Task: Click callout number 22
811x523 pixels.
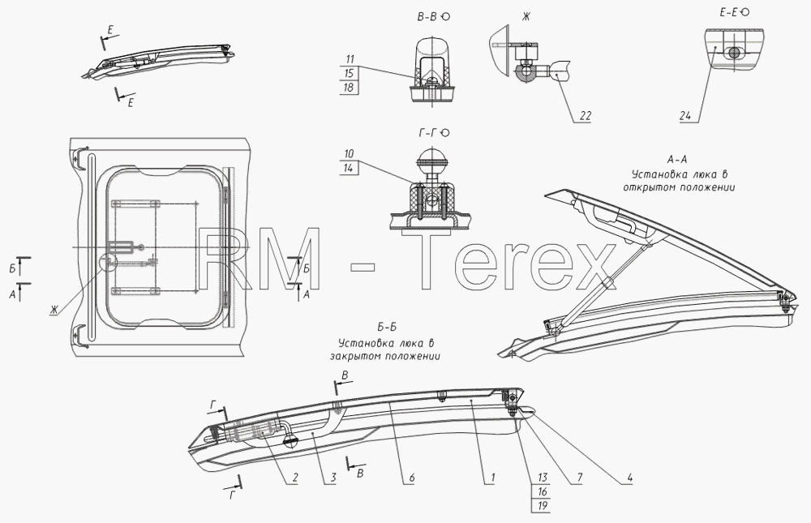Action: [x=585, y=116]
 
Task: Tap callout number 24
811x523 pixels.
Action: [x=684, y=116]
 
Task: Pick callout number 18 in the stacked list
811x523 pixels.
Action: [x=349, y=88]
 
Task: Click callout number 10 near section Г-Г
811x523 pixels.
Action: [x=349, y=153]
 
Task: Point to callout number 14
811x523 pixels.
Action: [x=349, y=168]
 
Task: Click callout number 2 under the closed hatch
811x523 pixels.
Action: [x=294, y=478]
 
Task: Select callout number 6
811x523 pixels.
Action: [x=412, y=478]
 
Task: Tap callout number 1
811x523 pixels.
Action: [x=493, y=478]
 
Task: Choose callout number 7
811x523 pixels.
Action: [x=579, y=478]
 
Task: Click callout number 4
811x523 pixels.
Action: [x=629, y=478]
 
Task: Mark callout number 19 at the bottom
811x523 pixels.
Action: [x=542, y=505]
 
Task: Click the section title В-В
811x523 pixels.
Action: [x=427, y=16]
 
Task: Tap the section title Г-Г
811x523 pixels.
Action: [x=428, y=133]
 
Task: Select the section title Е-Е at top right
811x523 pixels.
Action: [x=728, y=12]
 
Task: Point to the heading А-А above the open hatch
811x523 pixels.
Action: [x=677, y=159]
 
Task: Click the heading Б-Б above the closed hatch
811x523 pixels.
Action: [x=387, y=328]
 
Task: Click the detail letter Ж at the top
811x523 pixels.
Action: [x=526, y=16]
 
